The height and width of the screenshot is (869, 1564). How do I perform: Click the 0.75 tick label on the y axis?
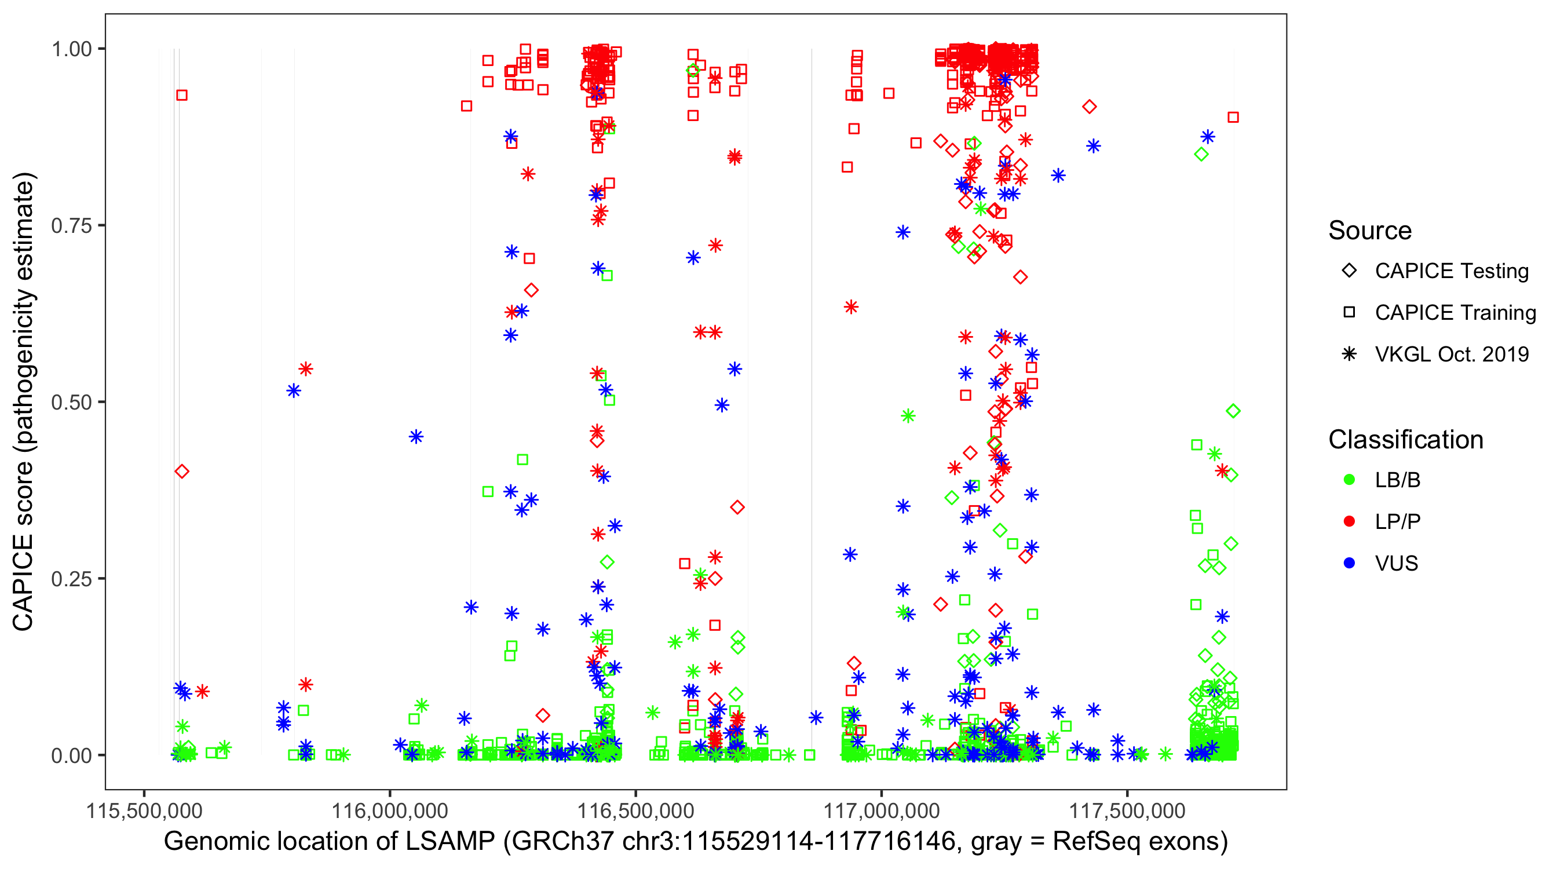pos(71,226)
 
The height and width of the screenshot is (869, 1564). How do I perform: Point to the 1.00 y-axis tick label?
pos(71,49)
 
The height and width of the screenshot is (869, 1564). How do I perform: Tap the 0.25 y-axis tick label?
pos(71,579)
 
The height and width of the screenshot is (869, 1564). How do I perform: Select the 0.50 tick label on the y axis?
pos(71,403)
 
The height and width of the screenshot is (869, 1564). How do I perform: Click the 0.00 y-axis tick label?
pos(71,755)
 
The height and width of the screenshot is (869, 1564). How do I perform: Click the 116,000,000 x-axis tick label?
pos(389,810)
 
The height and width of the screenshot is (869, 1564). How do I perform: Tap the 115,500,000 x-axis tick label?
pos(144,810)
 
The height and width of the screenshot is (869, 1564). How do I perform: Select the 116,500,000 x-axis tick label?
pos(635,810)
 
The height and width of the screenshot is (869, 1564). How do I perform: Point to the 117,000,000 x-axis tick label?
pos(881,810)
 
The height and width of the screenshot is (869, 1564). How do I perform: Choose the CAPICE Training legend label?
pos(1455,313)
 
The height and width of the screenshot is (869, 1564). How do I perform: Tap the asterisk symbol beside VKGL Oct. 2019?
pos(1349,354)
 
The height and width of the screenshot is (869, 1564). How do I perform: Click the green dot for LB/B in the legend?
pos(1349,480)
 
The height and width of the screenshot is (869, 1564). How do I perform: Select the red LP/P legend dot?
pos(1349,521)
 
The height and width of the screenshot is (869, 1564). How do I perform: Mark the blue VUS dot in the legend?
pos(1349,564)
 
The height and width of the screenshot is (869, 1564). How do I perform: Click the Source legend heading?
pos(1370,231)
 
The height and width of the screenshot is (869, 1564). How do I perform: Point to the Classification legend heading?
pos(1405,440)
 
